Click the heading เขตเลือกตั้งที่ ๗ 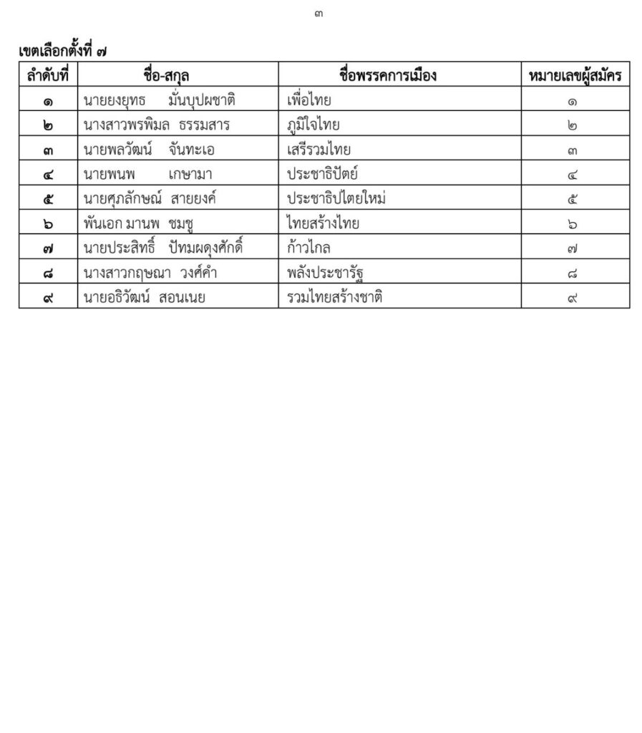click(x=63, y=52)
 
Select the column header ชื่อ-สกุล click(x=166, y=75)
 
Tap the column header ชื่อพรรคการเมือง click(x=388, y=75)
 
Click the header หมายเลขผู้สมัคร click(x=575, y=75)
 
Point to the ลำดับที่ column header click(x=48, y=75)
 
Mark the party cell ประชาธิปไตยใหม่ click(x=336, y=199)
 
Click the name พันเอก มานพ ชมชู click(x=140, y=224)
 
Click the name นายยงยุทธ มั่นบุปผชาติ click(x=159, y=100)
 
